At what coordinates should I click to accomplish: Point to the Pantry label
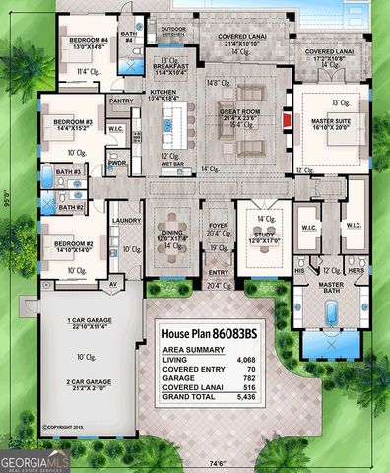click(x=122, y=101)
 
